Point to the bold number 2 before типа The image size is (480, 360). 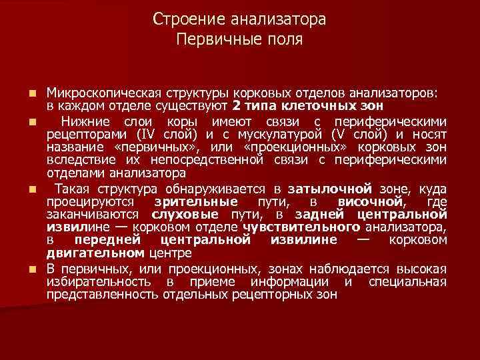pyautogui.click(x=237, y=106)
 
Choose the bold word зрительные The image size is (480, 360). pyautogui.click(x=195, y=202)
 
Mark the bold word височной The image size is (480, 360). pyautogui.click(x=370, y=202)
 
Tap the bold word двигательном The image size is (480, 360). pyautogui.click(x=95, y=253)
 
